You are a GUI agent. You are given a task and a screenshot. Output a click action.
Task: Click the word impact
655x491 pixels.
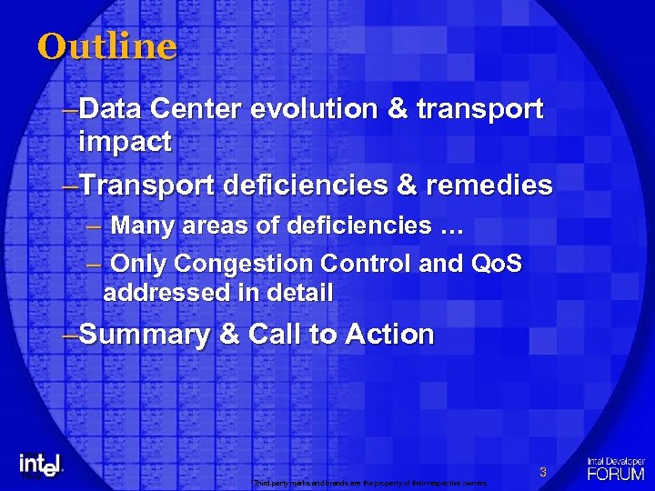[125, 142]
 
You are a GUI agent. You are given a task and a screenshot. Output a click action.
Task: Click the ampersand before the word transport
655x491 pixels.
[398, 109]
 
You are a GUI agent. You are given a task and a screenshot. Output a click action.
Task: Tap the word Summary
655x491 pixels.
[145, 335]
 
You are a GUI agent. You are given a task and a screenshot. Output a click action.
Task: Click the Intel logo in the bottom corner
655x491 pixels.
[41, 464]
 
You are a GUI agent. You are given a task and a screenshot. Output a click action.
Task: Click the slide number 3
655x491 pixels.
[542, 472]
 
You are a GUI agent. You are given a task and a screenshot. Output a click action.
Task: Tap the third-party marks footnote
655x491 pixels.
[370, 483]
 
